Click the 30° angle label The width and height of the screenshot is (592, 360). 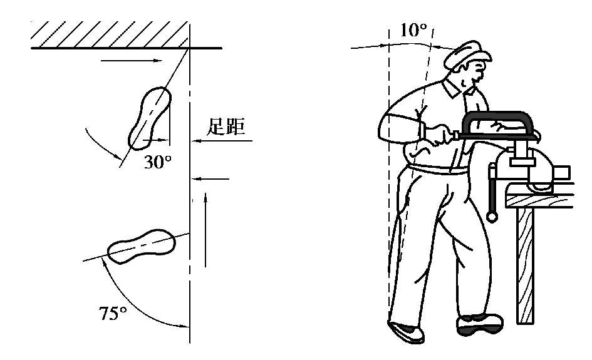158,162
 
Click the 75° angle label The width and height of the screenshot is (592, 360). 113,313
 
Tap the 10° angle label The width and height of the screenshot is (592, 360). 413,30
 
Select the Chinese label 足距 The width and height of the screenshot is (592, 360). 226,126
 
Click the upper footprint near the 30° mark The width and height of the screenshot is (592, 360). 150,118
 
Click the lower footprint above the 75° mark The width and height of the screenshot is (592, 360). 141,247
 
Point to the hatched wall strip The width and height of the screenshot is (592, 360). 110,34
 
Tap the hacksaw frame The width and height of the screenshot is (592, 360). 497,124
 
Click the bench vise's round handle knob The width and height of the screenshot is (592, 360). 492,217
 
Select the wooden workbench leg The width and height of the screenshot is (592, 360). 525,265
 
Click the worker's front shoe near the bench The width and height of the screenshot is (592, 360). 479,324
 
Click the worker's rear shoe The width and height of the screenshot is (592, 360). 406,332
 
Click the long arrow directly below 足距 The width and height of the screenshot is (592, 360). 222,141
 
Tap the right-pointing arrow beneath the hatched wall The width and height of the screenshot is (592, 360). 132,60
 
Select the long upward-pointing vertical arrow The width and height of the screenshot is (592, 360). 205,230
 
